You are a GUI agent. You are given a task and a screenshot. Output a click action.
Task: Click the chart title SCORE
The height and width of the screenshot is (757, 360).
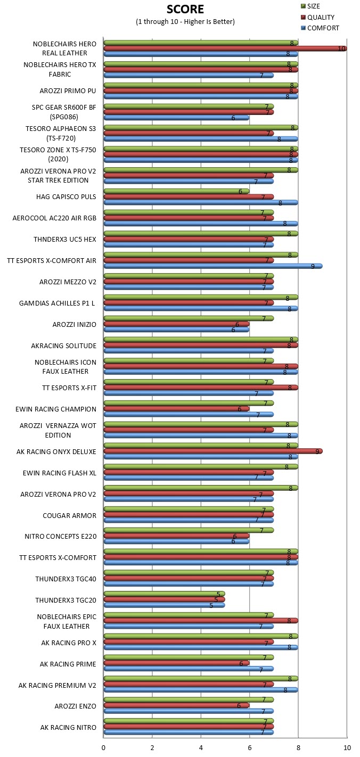pos(185,9)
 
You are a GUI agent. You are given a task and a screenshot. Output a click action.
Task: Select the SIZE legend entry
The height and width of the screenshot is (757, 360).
pos(310,6)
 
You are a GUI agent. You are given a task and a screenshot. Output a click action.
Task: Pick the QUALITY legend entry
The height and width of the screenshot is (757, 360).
pos(317,17)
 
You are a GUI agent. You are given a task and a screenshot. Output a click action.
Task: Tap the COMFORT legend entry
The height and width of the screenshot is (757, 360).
pos(320,28)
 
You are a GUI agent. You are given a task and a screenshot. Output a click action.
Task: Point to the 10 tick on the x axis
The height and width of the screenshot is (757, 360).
pos(347,747)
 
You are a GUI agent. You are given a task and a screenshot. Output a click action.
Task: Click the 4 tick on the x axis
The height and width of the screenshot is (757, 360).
pos(201,747)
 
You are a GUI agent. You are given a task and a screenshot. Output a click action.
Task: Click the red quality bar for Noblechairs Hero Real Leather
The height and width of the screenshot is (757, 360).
pos(225,48)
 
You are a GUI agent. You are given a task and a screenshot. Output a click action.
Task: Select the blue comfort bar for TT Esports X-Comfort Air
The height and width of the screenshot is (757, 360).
pos(213,266)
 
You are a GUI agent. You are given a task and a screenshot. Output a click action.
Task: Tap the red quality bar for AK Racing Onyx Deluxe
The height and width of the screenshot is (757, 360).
pos(213,451)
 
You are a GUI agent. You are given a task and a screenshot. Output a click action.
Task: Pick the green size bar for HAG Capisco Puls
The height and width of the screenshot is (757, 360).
pos(176,191)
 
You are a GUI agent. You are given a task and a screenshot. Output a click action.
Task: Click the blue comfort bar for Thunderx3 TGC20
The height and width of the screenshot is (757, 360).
pos(164,605)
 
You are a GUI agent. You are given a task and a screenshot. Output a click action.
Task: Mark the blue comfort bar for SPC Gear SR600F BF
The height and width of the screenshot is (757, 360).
pos(176,118)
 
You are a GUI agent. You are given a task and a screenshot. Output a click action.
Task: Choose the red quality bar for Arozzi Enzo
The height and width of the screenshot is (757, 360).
pos(176,705)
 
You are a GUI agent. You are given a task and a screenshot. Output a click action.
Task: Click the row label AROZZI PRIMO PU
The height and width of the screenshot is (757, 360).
pos(68,91)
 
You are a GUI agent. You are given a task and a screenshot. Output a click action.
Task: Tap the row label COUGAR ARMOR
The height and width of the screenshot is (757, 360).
pos(69,515)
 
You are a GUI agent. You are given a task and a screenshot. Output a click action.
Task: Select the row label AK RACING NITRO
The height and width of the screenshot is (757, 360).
pos(68,727)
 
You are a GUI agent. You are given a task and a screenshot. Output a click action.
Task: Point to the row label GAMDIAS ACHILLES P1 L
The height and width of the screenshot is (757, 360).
pos(57,303)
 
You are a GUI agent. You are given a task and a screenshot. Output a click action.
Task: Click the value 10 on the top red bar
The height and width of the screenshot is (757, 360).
pos(342,48)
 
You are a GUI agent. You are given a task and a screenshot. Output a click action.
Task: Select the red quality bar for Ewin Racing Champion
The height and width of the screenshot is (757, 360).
pos(176,408)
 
